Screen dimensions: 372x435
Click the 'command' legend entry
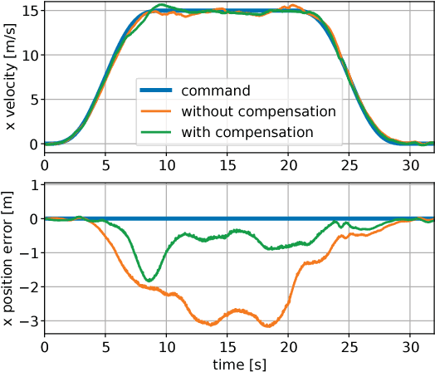click(215, 90)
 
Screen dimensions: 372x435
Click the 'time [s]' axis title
click(239, 364)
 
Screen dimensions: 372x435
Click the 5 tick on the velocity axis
click(32, 100)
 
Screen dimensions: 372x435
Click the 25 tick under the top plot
click(349, 166)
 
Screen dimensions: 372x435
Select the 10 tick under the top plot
click(166, 166)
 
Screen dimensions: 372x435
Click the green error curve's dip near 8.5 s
click(149, 280)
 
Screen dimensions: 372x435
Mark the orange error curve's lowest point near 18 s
click(267, 325)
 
